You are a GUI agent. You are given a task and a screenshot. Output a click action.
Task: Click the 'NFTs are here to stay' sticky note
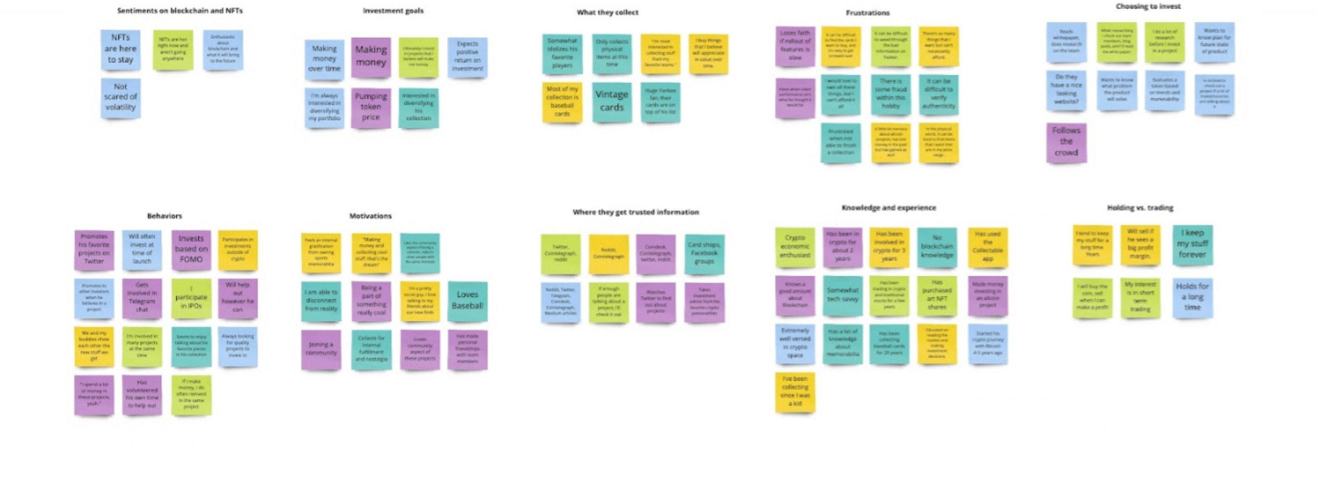[x=121, y=49]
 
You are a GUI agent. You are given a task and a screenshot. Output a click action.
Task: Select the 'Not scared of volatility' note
[x=121, y=97]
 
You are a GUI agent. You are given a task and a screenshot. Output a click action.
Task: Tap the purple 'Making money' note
[x=371, y=57]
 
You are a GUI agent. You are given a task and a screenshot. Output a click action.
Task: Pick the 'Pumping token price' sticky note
[x=371, y=107]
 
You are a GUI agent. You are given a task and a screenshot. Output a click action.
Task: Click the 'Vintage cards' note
[x=611, y=101]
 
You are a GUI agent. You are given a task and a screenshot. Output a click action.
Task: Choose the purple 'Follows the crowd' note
[x=1066, y=142]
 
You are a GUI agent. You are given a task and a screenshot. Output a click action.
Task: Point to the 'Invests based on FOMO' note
[x=191, y=250]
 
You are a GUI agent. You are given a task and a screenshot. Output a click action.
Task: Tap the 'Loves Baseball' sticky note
[x=467, y=301]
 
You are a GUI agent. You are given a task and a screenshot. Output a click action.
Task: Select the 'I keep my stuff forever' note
[x=1192, y=244]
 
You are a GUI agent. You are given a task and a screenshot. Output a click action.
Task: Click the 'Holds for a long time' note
[x=1192, y=297]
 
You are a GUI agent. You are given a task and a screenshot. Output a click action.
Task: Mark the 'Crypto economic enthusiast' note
[x=795, y=247]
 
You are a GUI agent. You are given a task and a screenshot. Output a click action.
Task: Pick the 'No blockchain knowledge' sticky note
[x=937, y=247]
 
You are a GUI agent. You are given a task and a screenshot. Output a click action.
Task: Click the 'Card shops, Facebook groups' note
[x=704, y=254]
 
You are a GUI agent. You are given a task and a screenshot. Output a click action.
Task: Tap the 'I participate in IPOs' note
[x=191, y=299]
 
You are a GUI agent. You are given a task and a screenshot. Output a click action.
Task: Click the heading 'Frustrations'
[x=868, y=13]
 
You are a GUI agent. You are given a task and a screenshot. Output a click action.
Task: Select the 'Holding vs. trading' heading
[x=1140, y=208]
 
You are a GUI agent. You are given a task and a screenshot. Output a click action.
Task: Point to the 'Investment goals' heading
[x=393, y=11]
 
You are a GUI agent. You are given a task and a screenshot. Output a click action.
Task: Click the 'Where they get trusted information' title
[x=635, y=212]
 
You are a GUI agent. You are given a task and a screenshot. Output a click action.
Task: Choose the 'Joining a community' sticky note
[x=321, y=349]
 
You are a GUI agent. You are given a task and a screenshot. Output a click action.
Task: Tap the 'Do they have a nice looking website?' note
[x=1066, y=90]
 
